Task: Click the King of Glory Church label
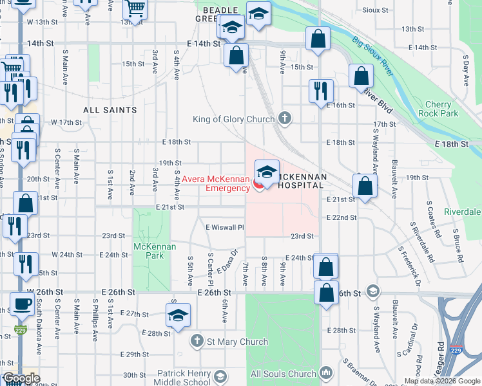click(233, 119)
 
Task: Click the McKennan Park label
click(149, 251)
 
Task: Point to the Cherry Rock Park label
click(442, 109)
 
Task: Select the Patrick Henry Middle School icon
click(220, 376)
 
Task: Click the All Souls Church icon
click(325, 373)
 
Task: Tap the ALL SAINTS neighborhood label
click(110, 110)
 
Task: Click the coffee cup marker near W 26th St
click(22, 304)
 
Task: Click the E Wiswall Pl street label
click(225, 227)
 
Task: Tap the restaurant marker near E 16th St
click(321, 91)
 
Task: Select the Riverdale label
click(462, 212)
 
